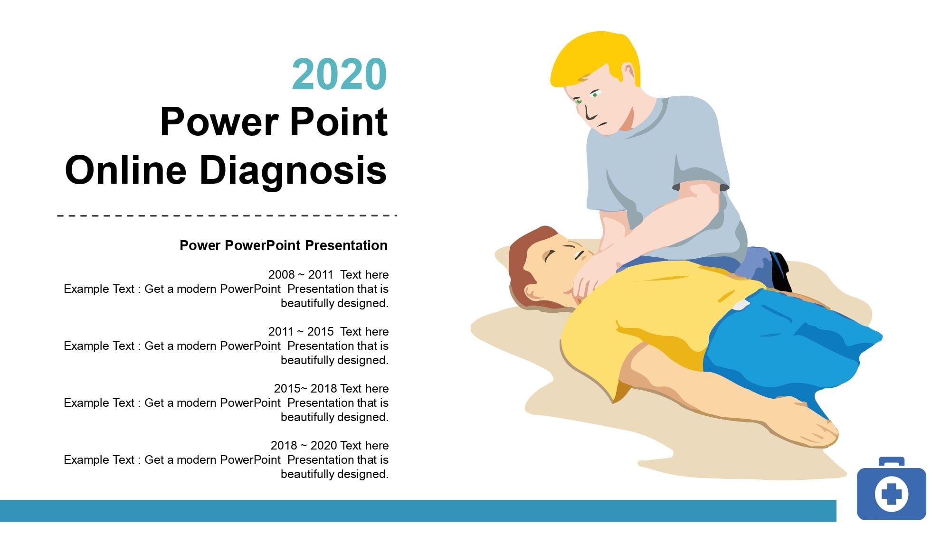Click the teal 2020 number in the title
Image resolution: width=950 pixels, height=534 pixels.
340,74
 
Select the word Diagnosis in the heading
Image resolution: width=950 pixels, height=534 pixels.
293,171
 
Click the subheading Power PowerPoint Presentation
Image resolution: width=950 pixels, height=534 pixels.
284,245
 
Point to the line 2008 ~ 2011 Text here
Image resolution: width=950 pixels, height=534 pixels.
328,274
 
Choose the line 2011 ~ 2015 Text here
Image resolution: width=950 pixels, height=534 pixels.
328,331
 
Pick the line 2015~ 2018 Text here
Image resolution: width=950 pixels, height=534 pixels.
331,388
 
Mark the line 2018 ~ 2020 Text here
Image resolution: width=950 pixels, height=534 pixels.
330,445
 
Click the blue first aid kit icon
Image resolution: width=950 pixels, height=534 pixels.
892,489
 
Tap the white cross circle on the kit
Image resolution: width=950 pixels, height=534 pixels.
892,494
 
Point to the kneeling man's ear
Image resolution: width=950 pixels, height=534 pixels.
628,73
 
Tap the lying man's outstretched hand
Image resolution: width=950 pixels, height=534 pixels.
807,425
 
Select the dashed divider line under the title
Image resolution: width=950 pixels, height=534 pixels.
227,215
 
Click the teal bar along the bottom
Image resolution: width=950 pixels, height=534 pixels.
418,511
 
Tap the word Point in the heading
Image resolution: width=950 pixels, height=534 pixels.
339,122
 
